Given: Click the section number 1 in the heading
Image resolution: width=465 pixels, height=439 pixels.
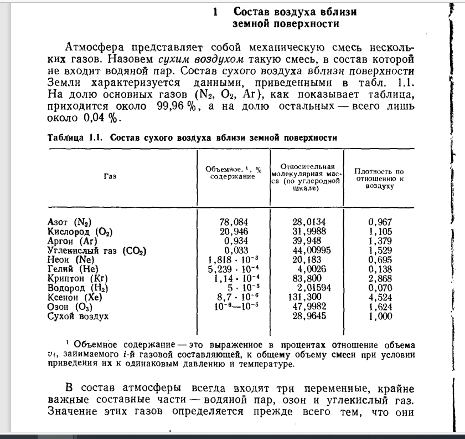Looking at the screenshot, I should click(214, 12).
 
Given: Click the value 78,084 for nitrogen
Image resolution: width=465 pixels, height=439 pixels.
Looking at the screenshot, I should click(234, 222).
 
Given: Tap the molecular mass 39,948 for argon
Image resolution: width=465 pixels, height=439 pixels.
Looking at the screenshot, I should click(307, 241).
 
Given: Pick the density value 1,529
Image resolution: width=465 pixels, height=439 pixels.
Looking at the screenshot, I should click(380, 251).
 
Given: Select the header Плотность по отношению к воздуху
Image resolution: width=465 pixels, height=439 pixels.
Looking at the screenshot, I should click(379, 178).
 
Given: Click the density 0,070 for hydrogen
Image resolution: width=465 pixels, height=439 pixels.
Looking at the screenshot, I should click(380, 288).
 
